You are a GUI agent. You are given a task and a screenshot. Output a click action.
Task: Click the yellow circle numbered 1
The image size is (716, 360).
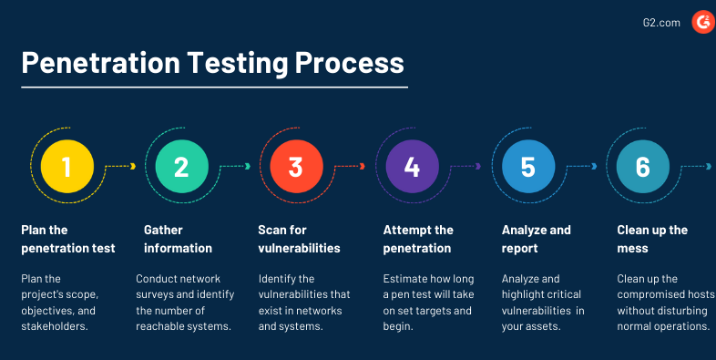point(67,166)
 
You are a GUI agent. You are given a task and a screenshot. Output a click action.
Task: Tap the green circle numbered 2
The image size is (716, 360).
point(182,166)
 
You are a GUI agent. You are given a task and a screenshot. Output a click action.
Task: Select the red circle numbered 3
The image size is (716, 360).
point(296,166)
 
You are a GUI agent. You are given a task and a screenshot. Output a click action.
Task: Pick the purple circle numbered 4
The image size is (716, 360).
point(413,166)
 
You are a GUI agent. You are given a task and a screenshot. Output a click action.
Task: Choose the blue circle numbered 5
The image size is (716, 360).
point(528,166)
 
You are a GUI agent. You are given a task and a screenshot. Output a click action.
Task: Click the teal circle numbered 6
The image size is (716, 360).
point(643,166)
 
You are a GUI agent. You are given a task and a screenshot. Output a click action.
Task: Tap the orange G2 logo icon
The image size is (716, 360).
point(703,23)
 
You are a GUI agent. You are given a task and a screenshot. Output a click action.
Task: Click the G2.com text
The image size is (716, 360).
point(661,23)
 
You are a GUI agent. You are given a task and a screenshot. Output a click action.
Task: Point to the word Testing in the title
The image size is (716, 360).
point(238,63)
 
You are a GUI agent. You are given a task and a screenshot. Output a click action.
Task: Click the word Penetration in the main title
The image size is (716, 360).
point(100,63)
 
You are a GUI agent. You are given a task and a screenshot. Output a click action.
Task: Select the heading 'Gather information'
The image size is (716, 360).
point(178,239)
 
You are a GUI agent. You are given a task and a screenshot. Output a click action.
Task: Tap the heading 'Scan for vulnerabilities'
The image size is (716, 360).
point(299,239)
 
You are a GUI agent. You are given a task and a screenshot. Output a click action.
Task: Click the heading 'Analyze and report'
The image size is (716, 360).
point(536,239)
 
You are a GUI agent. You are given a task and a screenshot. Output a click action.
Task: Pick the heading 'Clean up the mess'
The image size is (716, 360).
point(652,239)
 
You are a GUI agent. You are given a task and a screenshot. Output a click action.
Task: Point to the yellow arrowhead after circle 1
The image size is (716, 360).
point(133,166)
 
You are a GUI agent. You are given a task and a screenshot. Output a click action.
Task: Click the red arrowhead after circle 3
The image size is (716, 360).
point(363,166)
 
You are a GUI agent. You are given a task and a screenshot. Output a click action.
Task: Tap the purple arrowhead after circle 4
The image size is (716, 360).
point(478,166)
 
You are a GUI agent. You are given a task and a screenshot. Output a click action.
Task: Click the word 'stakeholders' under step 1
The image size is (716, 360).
point(53,326)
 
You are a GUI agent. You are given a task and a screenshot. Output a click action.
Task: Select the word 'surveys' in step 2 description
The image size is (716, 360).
point(153,295)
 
